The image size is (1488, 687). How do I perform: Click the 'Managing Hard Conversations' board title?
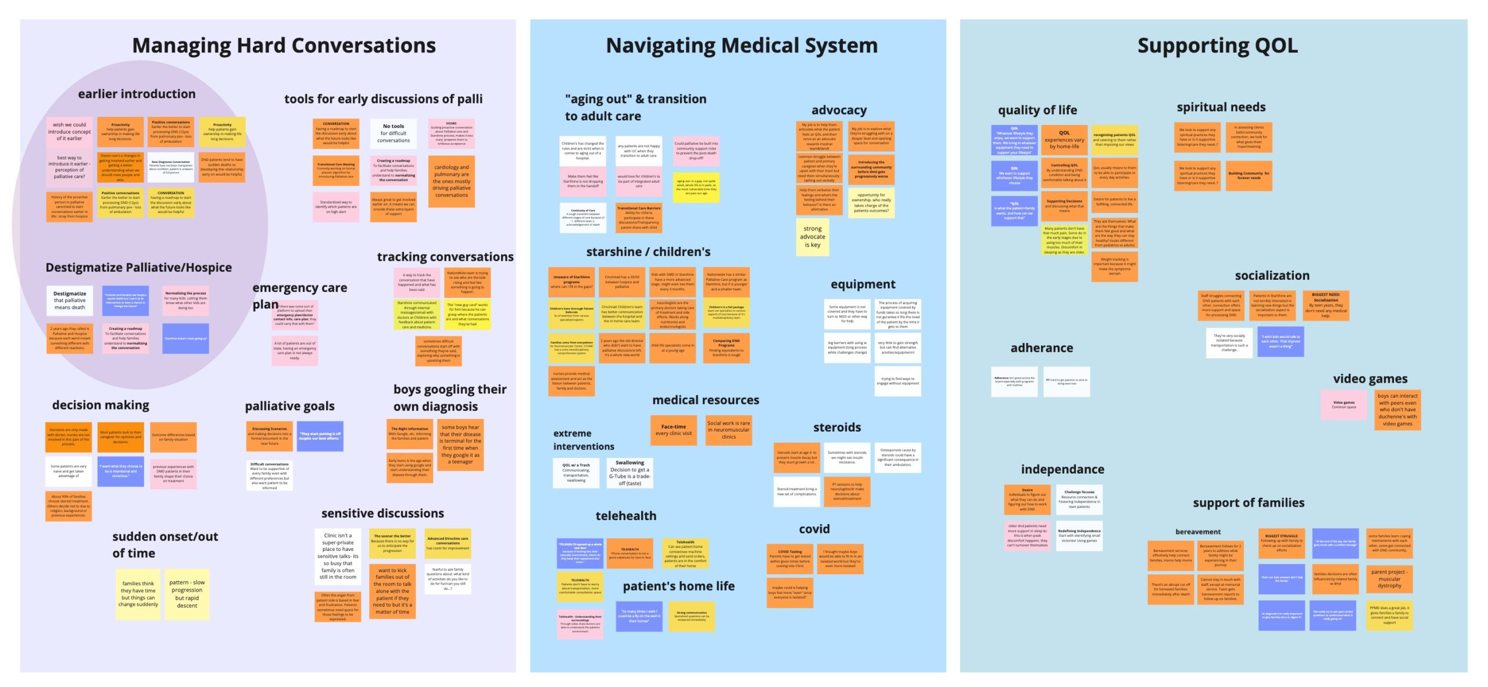click(284, 45)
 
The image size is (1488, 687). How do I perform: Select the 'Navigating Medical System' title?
click(742, 45)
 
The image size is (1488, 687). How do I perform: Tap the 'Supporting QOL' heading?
click(1217, 45)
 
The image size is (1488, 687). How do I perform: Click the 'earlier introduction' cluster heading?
click(137, 94)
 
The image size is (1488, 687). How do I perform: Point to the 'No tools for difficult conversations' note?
click(394, 133)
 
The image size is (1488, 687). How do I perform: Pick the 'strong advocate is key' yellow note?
click(812, 237)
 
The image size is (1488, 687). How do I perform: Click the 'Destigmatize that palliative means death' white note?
click(70, 300)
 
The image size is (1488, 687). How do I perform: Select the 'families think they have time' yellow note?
click(138, 593)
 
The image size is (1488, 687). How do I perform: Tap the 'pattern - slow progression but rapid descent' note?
click(187, 593)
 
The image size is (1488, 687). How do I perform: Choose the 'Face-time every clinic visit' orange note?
click(674, 430)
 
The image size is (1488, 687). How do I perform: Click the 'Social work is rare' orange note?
click(728, 430)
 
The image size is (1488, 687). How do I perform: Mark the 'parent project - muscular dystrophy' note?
click(1389, 579)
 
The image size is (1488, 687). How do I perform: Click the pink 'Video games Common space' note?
click(1343, 405)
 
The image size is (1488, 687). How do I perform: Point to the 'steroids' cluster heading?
click(836, 428)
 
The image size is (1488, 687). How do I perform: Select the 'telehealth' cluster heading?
click(625, 516)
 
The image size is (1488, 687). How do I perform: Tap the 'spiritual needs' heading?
click(1221, 107)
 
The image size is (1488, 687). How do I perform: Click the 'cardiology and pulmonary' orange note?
click(451, 181)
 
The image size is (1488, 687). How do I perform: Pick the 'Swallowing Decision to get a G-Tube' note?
click(629, 472)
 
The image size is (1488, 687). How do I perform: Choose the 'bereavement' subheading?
click(1197, 532)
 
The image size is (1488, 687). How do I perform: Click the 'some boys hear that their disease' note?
click(460, 444)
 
